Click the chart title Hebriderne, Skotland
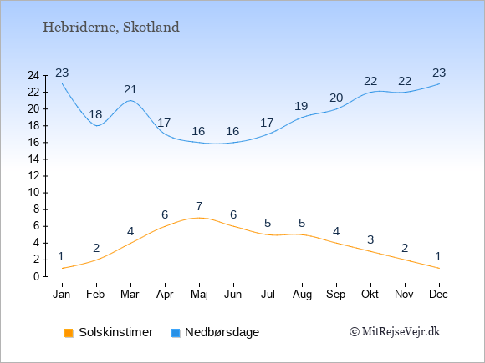point(111,28)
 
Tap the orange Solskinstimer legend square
point(69,333)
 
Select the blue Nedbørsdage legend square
point(176,333)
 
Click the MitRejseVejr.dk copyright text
point(395,332)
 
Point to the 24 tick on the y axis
point(33,76)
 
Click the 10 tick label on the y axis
point(33,193)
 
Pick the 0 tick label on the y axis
point(37,276)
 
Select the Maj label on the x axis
point(199,295)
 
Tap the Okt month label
point(370,295)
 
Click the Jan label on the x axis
point(62,295)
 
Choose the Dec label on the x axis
point(438,295)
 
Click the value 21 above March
point(130,90)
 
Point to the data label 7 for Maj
point(199,206)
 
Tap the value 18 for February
point(95,115)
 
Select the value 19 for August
point(301,107)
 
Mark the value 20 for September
point(336,98)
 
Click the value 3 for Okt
point(370,239)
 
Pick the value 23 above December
point(439,73)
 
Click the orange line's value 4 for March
point(130,231)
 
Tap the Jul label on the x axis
point(268,295)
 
